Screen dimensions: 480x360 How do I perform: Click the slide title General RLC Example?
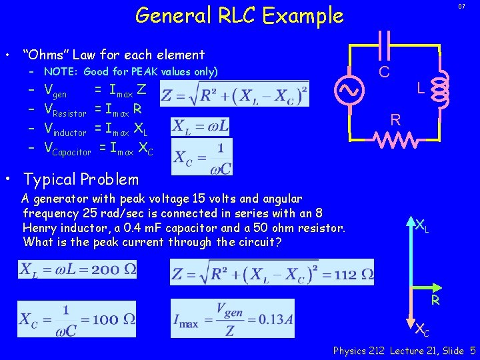click(239, 15)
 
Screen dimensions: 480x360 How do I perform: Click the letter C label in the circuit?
click(385, 71)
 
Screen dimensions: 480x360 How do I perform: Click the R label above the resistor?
click(395, 120)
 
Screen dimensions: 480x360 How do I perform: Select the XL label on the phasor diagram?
click(422, 226)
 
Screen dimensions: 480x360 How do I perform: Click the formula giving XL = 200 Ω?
click(78, 270)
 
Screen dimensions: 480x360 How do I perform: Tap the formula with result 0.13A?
click(232, 319)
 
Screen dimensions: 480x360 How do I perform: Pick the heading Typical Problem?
click(81, 179)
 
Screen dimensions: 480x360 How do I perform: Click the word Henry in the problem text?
click(41, 228)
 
